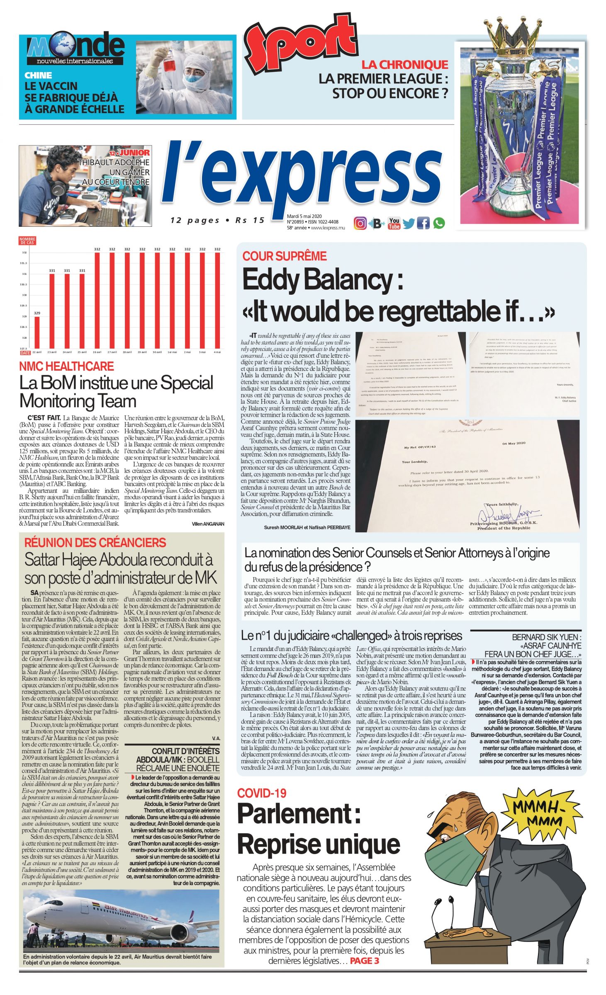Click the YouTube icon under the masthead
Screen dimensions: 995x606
pyautogui.click(x=394, y=223)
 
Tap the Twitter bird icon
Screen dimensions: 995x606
pyautogui.click(x=409, y=223)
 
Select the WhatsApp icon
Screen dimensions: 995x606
pyautogui.click(x=439, y=223)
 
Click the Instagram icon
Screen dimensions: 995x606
pyautogui.click(x=360, y=223)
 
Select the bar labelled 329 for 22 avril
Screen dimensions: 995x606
pyautogui.click(x=37, y=332)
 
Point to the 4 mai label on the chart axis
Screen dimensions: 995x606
pyautogui.click(x=217, y=352)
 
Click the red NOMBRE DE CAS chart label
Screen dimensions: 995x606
pyautogui.click(x=27, y=241)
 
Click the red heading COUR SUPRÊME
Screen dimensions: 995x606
pyautogui.click(x=285, y=256)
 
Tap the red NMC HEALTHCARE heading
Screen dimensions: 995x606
pyautogui.click(x=66, y=366)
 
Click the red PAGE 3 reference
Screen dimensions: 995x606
pyautogui.click(x=365, y=961)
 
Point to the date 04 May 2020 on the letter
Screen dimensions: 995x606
pyautogui.click(x=514, y=443)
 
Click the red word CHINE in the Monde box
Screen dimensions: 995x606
pyautogui.click(x=38, y=75)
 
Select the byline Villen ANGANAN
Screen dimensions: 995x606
pyautogui.click(x=208, y=524)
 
